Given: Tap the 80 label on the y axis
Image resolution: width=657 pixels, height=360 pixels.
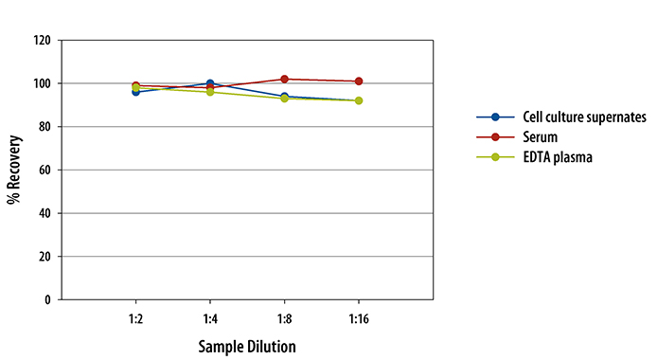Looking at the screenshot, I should coord(43,127).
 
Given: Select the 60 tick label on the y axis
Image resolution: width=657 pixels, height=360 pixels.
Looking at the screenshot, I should coord(43,170).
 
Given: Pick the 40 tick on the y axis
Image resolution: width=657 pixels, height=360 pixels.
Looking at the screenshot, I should coord(43,213).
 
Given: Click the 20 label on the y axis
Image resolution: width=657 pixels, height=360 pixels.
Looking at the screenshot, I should coord(43,256).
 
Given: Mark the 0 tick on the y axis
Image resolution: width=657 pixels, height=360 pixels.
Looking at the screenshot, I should coord(46,299).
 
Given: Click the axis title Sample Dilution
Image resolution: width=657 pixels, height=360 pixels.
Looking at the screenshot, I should coord(247,345).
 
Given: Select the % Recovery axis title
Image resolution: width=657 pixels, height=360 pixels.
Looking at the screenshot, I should coord(16,170).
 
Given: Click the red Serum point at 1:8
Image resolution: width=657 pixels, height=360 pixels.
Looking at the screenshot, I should coord(284,80).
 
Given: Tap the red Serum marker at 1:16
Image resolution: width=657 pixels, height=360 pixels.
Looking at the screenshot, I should coord(359,81).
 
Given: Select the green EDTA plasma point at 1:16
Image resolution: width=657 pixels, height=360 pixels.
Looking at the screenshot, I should coord(359,100).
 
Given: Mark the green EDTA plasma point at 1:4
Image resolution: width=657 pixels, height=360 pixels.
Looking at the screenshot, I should coord(210,92).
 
